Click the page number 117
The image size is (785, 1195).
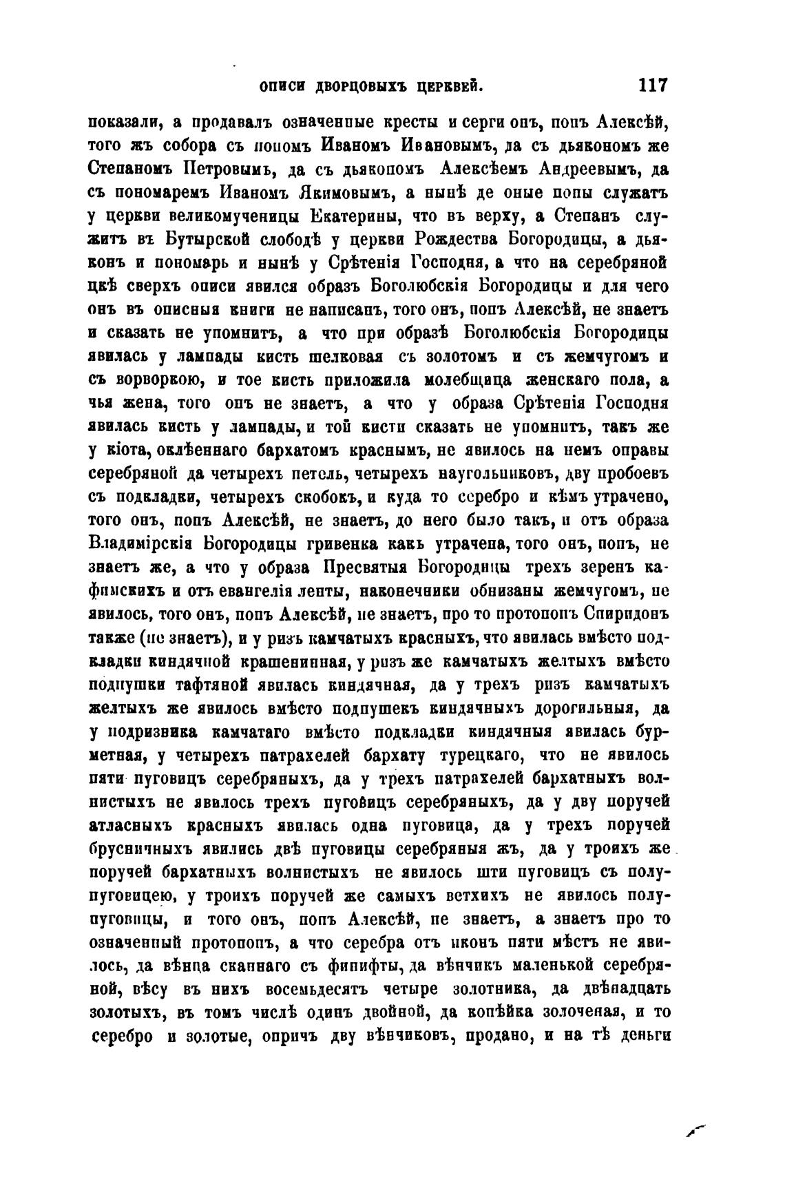point(653,85)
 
